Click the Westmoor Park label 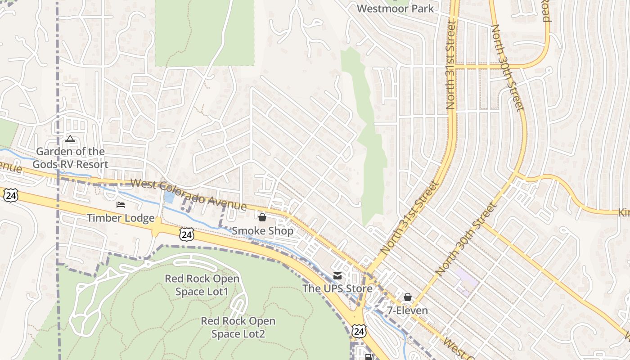pyautogui.click(x=395, y=9)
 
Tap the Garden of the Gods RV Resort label pyautogui.click(x=70, y=158)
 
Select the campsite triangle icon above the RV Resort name pyautogui.click(x=70, y=139)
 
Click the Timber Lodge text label pyautogui.click(x=120, y=218)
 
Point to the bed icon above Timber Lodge pyautogui.click(x=121, y=205)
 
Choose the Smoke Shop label pyautogui.click(x=262, y=231)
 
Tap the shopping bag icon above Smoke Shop pyautogui.click(x=262, y=218)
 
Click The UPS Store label pyautogui.click(x=337, y=288)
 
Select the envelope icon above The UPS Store pyautogui.click(x=337, y=276)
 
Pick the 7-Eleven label pyautogui.click(x=408, y=310)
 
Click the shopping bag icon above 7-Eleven pyautogui.click(x=408, y=297)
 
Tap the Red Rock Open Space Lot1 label pyautogui.click(x=202, y=285)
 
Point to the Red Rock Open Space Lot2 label pyautogui.click(x=238, y=327)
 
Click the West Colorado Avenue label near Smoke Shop pyautogui.click(x=189, y=195)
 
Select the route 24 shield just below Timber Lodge pyautogui.click(x=186, y=234)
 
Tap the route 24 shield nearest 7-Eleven pyautogui.click(x=359, y=332)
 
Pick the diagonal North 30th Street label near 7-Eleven pyautogui.click(x=465, y=239)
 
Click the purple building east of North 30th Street pyautogui.click(x=466, y=280)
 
